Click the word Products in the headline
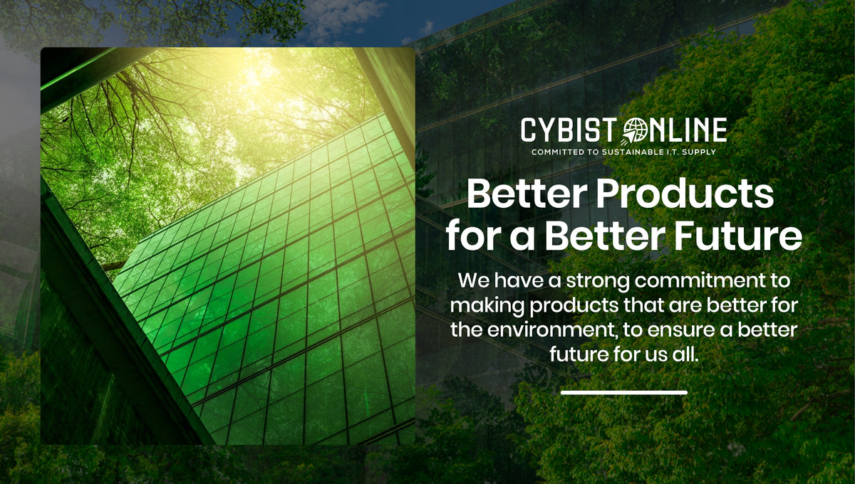(685, 194)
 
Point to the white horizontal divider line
(624, 392)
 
